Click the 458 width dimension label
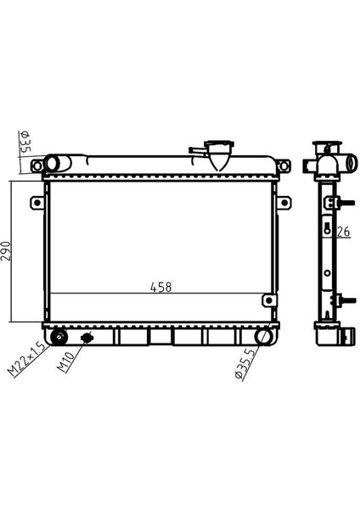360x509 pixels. click(160, 287)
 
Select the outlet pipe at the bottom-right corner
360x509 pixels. click(265, 336)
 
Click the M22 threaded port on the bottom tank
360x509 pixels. click(60, 337)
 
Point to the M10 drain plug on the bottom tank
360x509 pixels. click(86, 338)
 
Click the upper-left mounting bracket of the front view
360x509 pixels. click(36, 204)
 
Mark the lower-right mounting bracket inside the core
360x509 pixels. click(269, 300)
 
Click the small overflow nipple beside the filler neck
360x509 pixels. click(196, 151)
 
